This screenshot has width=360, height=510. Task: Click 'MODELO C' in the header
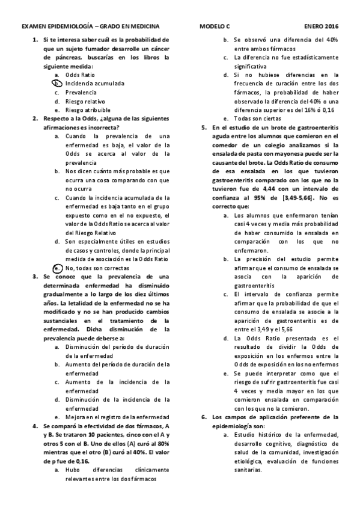[x=215, y=27]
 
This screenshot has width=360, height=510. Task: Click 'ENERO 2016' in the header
[x=321, y=27]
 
